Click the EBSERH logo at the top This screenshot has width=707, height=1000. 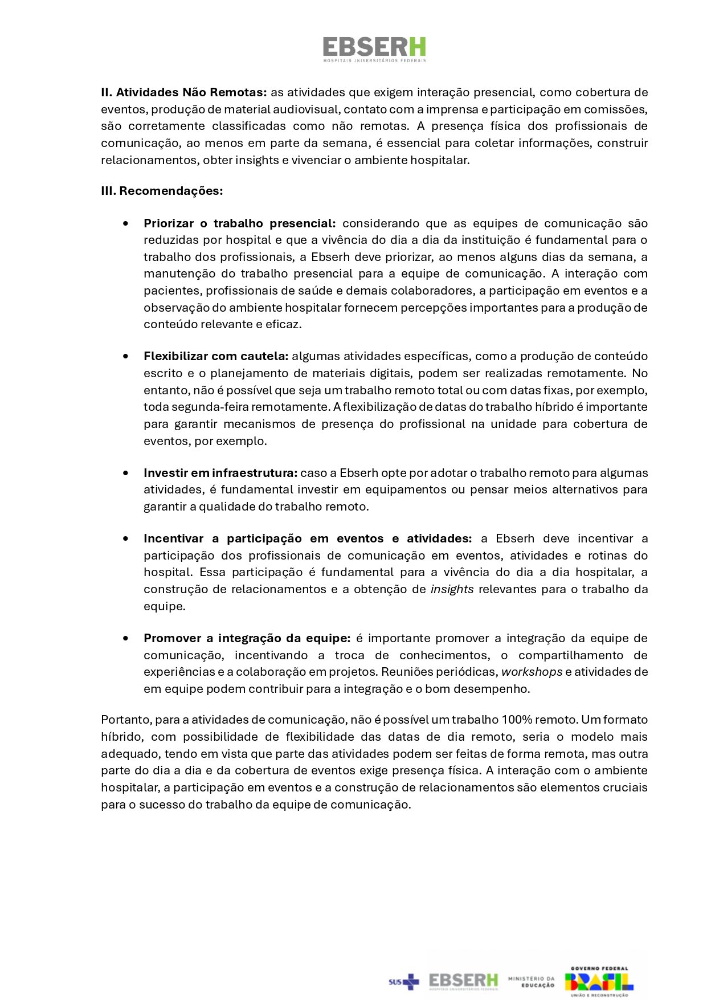[x=374, y=49]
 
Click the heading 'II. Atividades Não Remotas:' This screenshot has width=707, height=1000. [x=183, y=92]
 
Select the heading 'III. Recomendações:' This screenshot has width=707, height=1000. [x=162, y=191]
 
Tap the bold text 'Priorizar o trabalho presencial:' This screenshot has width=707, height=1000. [x=239, y=223]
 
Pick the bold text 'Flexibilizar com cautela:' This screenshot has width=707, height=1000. [x=216, y=356]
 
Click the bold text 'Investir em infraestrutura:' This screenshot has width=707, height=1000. [x=220, y=473]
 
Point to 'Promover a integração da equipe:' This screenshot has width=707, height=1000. [x=247, y=638]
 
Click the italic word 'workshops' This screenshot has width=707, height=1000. [x=532, y=672]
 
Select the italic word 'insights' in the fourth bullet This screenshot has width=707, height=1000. [x=452, y=589]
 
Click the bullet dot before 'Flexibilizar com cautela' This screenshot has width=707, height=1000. [x=125, y=356]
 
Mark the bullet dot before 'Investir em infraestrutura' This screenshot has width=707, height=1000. [x=125, y=473]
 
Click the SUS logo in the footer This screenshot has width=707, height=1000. [x=403, y=981]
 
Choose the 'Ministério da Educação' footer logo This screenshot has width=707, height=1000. [x=531, y=981]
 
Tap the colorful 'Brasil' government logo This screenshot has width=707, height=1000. [x=599, y=981]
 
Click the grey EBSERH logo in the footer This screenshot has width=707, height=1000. [x=463, y=981]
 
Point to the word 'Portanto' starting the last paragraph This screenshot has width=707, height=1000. [x=126, y=720]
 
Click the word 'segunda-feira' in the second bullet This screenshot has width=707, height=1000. [x=207, y=407]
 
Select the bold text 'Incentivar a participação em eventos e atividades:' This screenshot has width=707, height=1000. [x=308, y=538]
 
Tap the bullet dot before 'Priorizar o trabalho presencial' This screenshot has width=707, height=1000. [x=125, y=223]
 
